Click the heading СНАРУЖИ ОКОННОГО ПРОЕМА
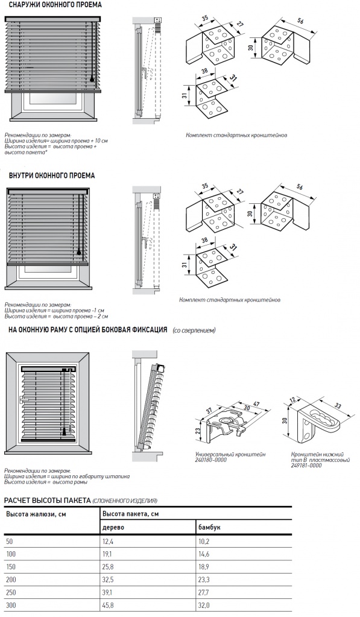[x=55, y=5]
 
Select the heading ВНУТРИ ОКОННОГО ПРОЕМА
[x=51, y=176]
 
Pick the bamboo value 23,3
[x=204, y=580]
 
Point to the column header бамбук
[x=209, y=527]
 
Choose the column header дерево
[x=113, y=527]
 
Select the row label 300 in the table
[x=11, y=605]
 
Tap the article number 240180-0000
[x=211, y=460]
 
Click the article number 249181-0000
[x=306, y=465]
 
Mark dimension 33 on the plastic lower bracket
[x=338, y=407]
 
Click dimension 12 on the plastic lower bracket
[x=291, y=400]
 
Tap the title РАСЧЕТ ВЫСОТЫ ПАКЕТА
[x=47, y=501]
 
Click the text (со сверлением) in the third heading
[x=194, y=331]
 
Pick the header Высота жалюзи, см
[x=36, y=514]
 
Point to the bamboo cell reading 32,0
[x=204, y=605]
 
